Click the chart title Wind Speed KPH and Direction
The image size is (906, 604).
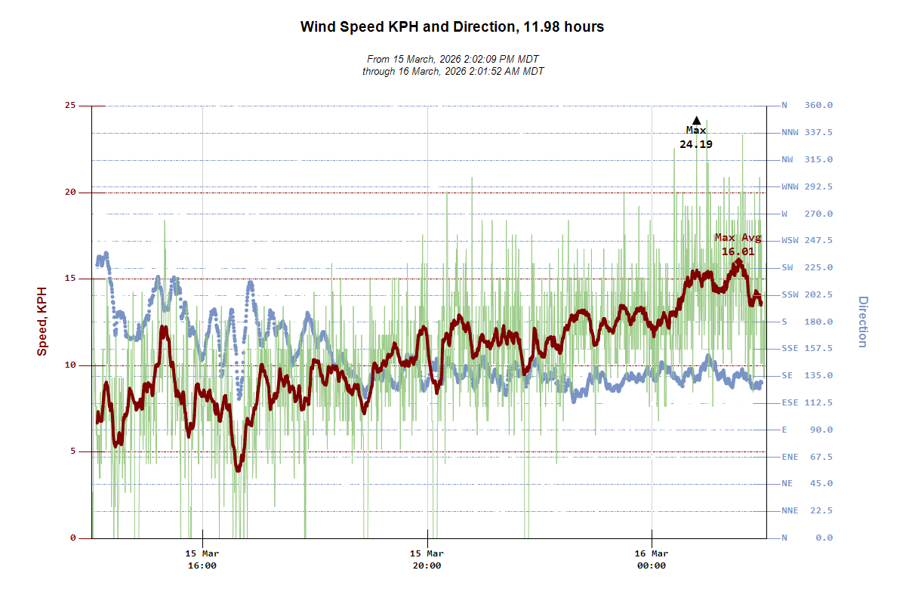pyautogui.click(x=451, y=27)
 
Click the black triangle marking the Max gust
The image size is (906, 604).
pyautogui.click(x=697, y=120)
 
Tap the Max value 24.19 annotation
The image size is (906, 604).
pyautogui.click(x=696, y=144)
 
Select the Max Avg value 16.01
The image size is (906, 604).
pyautogui.click(x=738, y=251)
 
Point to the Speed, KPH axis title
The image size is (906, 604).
pyautogui.click(x=42, y=321)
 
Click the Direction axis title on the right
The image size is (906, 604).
pyautogui.click(x=862, y=322)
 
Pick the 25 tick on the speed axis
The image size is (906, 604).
pyautogui.click(x=70, y=106)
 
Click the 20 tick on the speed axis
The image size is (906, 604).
pyautogui.click(x=70, y=193)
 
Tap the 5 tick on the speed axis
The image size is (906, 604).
pyautogui.click(x=72, y=452)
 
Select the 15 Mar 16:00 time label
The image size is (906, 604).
pyautogui.click(x=202, y=559)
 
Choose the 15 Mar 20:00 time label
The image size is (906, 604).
pyautogui.click(x=427, y=559)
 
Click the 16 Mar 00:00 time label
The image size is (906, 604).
pyautogui.click(x=652, y=559)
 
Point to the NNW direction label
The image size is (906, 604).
pyautogui.click(x=790, y=133)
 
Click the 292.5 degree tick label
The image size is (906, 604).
pyautogui.click(x=818, y=186)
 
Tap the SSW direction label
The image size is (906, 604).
pyautogui.click(x=790, y=294)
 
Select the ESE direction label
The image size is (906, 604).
pyautogui.click(x=790, y=402)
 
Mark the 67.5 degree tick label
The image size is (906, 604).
pyautogui.click(x=818, y=457)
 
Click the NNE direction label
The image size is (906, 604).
pyautogui.click(x=790, y=510)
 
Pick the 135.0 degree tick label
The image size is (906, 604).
pyautogui.click(x=818, y=375)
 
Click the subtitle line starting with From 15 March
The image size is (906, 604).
pyautogui.click(x=453, y=59)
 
